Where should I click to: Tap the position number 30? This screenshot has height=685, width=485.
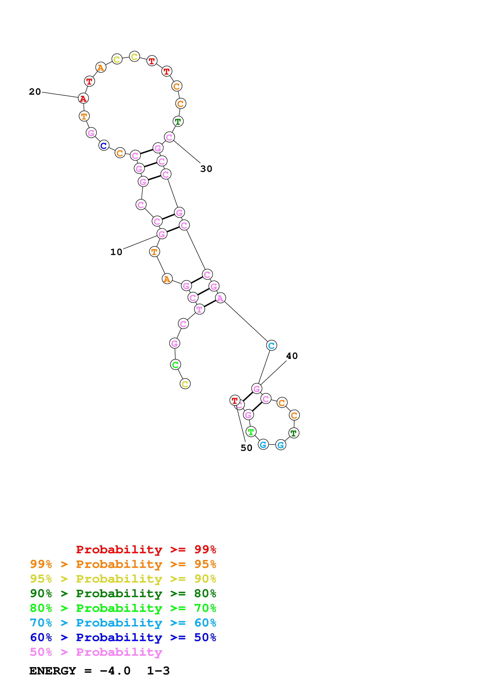(206, 169)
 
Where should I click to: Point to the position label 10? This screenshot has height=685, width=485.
(116, 252)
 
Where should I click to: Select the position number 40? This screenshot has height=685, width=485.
(292, 356)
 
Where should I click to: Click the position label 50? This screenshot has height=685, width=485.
(246, 448)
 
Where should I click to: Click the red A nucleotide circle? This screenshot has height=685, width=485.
(83, 98)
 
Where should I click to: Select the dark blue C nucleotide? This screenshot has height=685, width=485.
(104, 146)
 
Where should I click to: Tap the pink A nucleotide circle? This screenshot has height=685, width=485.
(220, 298)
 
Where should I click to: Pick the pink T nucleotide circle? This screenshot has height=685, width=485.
(199, 309)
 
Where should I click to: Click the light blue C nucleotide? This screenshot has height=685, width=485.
(271, 345)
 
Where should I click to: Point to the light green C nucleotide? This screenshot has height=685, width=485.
(175, 364)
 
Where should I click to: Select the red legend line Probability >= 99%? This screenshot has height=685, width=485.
(146, 549)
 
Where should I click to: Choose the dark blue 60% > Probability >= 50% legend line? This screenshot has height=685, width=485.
(123, 637)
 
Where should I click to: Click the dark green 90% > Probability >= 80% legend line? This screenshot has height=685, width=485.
(123, 593)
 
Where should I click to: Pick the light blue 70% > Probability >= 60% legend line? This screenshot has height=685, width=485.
(123, 623)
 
